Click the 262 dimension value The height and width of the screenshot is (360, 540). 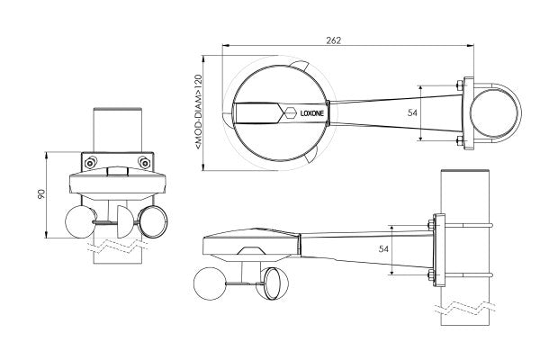click(333, 40)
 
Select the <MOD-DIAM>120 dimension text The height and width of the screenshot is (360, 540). click(198, 112)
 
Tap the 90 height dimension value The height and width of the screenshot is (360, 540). click(41, 194)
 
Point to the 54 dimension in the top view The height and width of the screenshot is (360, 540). click(412, 112)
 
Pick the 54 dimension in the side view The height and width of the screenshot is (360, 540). click(383, 248)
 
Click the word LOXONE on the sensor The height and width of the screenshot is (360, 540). click(312, 113)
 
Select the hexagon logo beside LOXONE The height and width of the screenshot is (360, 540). click(289, 112)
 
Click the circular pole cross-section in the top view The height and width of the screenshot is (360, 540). click(494, 113)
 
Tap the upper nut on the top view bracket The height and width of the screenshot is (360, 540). click(459, 85)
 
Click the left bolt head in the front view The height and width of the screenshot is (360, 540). click(90, 162)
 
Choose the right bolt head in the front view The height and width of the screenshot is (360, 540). click(144, 162)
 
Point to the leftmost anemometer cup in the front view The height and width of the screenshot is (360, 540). click(80, 221)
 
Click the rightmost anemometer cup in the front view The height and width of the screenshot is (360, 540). click(153, 221)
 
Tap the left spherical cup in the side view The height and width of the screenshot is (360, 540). click(210, 283)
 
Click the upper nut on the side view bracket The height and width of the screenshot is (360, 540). click(430, 225)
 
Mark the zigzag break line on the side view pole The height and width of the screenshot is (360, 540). click(465, 308)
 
